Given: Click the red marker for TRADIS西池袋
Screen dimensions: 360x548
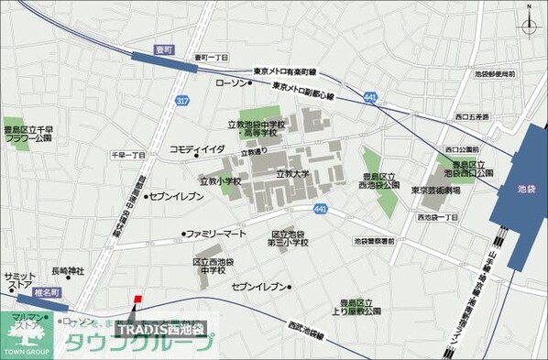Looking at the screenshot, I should [x=137, y=299].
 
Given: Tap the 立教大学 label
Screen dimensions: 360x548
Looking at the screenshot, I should [x=294, y=172].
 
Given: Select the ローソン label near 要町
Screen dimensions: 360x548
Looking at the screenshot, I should [x=231, y=83].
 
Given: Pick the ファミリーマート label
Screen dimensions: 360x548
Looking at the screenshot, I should [x=217, y=235].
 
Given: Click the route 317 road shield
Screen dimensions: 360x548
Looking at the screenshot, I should [x=183, y=101].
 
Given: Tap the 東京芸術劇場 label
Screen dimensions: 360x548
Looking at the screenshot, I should [x=435, y=191].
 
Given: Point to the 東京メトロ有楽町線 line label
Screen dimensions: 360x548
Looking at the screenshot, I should [x=284, y=71].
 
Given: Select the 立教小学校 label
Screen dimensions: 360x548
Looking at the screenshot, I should [x=220, y=181].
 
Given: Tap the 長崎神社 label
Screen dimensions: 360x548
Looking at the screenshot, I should [x=68, y=270].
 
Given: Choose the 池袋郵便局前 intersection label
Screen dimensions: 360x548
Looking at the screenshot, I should [x=496, y=72].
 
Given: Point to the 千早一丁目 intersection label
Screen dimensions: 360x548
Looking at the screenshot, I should [x=128, y=156].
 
